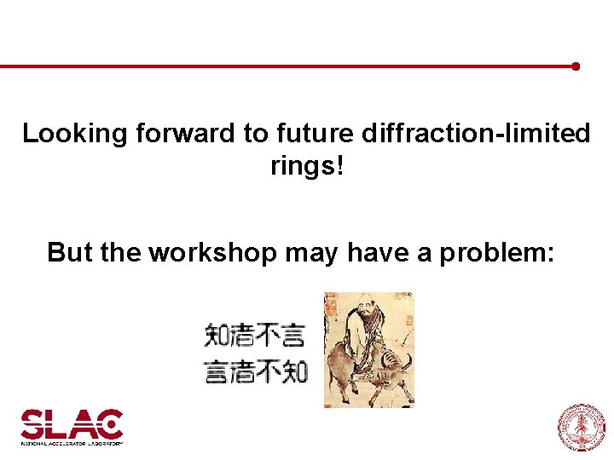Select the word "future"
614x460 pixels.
coord(316,134)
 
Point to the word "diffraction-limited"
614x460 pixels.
coord(476,134)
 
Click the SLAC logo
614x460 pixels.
coord(72,424)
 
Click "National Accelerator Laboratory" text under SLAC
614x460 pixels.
coord(72,443)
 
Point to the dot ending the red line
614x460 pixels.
coord(576,66)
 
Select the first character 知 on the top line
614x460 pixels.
coord(217,335)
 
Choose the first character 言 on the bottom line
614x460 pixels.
coord(217,372)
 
